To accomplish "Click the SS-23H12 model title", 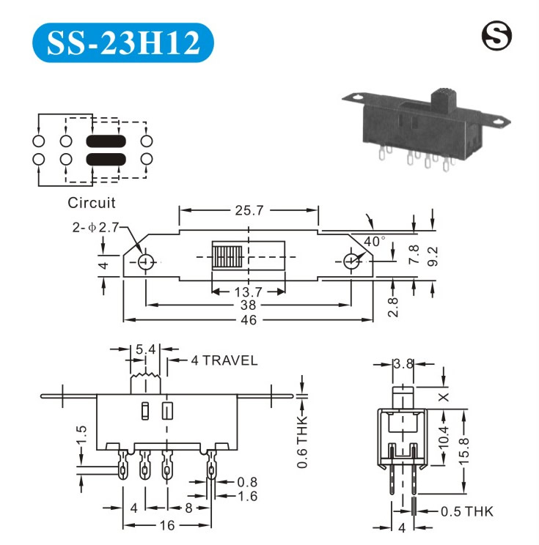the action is pos(123,42).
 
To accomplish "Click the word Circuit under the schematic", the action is pos(91,203).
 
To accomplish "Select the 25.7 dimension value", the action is pos(249,210).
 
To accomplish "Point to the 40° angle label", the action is pos(375,241).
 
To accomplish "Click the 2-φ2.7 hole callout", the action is pos(95,227).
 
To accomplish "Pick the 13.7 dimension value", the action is pos(248,292).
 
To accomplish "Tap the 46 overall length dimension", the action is pos(249,320).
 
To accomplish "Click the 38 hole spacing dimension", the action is pos(248,305).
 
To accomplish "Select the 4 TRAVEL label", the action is pos(224,360).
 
